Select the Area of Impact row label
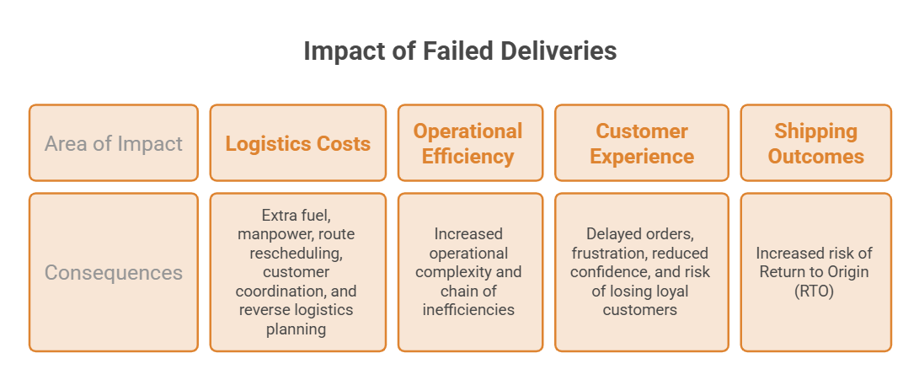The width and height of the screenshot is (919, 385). pos(114,143)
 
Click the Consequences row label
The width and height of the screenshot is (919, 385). pos(114,272)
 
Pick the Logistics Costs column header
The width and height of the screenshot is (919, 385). pos(297,143)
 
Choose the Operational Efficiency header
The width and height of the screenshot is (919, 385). pos(468,143)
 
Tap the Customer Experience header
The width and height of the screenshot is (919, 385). pos(642,143)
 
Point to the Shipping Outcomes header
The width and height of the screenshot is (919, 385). pos(816,143)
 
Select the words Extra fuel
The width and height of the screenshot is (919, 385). pos(297,216)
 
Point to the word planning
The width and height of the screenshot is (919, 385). pos(296,329)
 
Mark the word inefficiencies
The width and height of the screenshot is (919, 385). pos(468,310)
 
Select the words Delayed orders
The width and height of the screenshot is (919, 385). pos(640,234)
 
